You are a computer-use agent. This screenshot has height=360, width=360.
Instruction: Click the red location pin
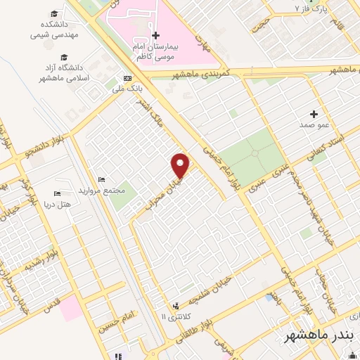181,165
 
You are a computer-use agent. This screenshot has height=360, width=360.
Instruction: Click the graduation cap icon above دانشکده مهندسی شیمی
56,13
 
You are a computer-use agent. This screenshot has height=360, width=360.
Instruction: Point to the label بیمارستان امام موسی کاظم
155,49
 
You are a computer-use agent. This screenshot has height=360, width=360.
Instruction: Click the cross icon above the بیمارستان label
155,35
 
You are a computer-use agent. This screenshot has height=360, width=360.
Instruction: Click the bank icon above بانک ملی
127,78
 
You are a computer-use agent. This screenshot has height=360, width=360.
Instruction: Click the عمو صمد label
314,124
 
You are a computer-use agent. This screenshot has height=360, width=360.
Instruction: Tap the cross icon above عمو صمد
314,113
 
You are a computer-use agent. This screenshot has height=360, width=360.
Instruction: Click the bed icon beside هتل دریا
57,193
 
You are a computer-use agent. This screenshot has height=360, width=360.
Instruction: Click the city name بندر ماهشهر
319,336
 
